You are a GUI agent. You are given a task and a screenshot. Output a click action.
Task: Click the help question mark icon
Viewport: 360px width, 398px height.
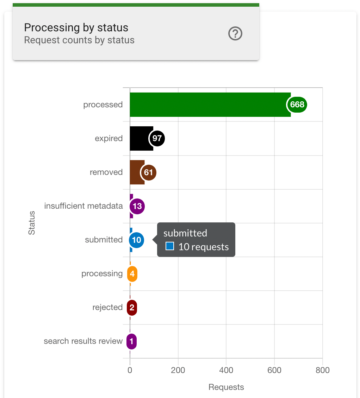click(x=235, y=34)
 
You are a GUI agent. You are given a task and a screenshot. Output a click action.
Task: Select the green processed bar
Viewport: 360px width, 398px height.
click(x=208, y=105)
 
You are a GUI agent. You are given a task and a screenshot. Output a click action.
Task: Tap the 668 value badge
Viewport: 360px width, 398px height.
click(x=297, y=105)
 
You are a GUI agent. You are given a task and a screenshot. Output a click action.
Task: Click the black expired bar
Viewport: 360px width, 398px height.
click(x=139, y=138)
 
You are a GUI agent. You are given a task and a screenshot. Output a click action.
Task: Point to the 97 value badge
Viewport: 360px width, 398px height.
click(x=157, y=138)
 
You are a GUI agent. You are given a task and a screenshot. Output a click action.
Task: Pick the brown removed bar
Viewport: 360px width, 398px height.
click(x=135, y=172)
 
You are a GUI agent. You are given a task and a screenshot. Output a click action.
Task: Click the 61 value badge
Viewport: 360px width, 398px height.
click(x=148, y=172)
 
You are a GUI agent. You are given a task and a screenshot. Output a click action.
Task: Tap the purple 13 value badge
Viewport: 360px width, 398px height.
click(x=137, y=206)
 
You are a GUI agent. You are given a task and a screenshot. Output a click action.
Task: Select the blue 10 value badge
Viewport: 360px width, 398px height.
click(x=136, y=240)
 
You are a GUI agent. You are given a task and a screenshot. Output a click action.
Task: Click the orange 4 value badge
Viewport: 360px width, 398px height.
click(x=132, y=274)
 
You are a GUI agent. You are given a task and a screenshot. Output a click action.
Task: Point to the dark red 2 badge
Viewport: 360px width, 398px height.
click(x=132, y=308)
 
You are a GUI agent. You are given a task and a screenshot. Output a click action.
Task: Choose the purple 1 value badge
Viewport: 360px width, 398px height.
click(x=131, y=341)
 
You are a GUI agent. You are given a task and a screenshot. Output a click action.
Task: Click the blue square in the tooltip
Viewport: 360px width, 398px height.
click(x=170, y=246)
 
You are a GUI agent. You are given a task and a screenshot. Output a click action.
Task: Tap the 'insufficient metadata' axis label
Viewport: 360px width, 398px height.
click(x=83, y=206)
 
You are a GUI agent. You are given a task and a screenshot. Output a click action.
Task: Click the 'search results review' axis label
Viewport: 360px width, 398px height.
click(x=83, y=341)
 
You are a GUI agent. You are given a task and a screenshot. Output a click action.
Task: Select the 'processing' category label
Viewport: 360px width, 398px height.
click(x=102, y=273)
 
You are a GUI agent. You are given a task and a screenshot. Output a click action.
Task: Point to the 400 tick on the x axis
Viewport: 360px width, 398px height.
click(x=226, y=370)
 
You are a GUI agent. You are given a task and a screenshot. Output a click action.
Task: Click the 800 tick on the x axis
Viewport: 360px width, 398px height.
click(x=322, y=370)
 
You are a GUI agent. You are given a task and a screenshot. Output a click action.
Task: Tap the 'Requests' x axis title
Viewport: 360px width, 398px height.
click(x=226, y=387)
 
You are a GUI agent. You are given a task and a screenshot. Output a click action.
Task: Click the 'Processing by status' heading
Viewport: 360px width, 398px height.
click(x=76, y=27)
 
